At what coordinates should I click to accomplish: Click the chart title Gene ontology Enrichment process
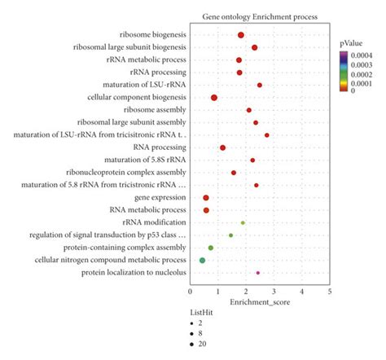click(x=259, y=17)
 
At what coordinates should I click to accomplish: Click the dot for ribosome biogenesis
click(x=241, y=35)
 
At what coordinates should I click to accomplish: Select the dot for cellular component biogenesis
click(x=214, y=98)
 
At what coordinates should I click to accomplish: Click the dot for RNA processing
click(x=222, y=147)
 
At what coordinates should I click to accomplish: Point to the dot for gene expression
click(x=206, y=198)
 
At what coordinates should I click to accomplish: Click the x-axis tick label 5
click(x=330, y=291)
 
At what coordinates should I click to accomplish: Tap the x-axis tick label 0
click(x=191, y=291)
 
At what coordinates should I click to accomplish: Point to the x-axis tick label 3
click(x=274, y=291)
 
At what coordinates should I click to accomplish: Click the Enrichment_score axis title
click(x=259, y=301)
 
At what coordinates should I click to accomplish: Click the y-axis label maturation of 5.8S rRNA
click(x=151, y=160)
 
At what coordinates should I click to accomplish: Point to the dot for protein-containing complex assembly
click(x=211, y=248)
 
